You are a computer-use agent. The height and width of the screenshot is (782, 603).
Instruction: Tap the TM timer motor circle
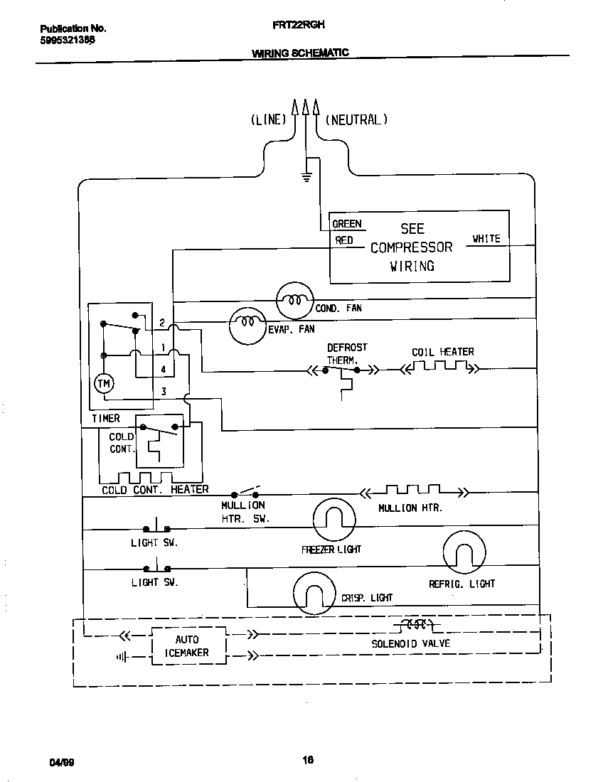(104, 384)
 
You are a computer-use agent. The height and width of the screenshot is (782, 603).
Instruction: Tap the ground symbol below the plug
(306, 177)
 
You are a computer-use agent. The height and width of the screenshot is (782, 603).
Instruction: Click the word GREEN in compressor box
(347, 224)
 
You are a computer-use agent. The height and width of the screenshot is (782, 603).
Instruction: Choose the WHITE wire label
(486, 239)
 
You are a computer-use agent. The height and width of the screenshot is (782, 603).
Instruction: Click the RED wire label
(344, 240)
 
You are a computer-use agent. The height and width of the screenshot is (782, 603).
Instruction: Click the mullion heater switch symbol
(245, 492)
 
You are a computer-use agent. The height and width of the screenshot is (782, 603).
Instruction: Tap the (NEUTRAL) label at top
(356, 119)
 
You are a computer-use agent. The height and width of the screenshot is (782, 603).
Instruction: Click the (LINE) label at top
(267, 119)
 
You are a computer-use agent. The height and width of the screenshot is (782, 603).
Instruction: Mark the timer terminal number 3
(163, 391)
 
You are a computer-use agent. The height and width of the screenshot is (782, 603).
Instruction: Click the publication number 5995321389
(68, 41)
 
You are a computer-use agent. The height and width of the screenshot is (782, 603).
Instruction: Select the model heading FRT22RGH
(299, 24)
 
